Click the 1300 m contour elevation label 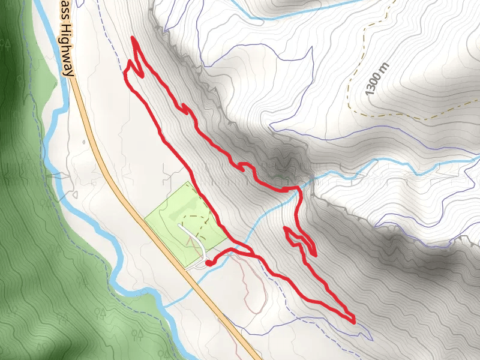click(x=376, y=78)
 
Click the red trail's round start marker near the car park click(x=207, y=262)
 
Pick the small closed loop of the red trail click(x=300, y=240)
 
